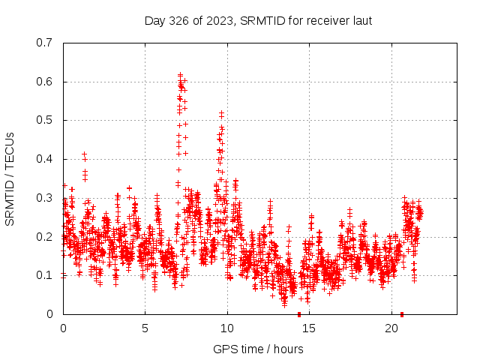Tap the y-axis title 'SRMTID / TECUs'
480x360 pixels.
pyautogui.click(x=10, y=178)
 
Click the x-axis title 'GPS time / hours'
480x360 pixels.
pyautogui.click(x=258, y=349)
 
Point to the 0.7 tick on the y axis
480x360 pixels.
pyautogui.click(x=46, y=43)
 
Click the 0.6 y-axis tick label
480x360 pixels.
pyautogui.click(x=46, y=82)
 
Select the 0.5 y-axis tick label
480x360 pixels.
pyautogui.click(x=46, y=120)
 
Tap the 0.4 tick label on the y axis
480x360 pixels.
pyautogui.click(x=46, y=159)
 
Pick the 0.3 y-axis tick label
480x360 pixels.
pyautogui.click(x=46, y=198)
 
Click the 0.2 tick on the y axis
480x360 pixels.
pyautogui.click(x=46, y=237)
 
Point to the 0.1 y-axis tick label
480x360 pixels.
pyautogui.click(x=46, y=275)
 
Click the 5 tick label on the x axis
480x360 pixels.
pyautogui.click(x=145, y=328)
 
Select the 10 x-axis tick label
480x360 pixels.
pyautogui.click(x=227, y=328)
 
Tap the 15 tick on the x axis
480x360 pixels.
pyautogui.click(x=310, y=328)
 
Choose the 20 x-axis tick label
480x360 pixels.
pyautogui.click(x=391, y=328)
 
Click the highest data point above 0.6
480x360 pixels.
pyautogui.click(x=181, y=74)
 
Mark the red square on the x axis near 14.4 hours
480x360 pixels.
pyautogui.click(x=299, y=314)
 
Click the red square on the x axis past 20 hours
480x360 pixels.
pyautogui.click(x=402, y=314)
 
